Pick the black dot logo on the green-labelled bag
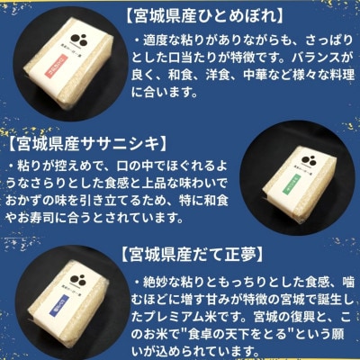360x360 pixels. pos(293,151)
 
